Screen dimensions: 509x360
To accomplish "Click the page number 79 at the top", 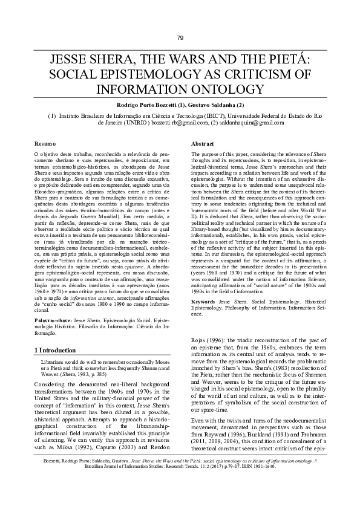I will (x=180, y=38).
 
